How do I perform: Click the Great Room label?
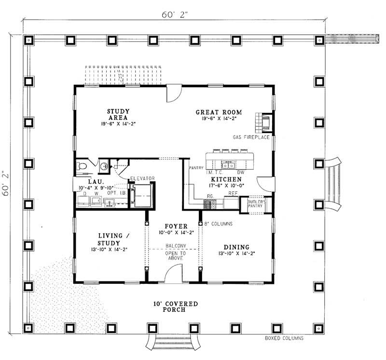219,112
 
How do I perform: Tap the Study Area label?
118,114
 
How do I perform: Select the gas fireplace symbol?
264,122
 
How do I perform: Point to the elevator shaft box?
142,196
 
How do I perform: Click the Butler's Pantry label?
256,203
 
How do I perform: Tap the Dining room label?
236,247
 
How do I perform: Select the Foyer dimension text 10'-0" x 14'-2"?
176,232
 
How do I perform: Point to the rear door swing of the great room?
174,93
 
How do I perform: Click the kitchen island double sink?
228,165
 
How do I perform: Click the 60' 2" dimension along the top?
175,15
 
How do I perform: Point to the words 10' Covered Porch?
176,307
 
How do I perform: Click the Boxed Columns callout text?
284,338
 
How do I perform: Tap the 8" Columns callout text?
219,224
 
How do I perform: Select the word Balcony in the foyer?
176,246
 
